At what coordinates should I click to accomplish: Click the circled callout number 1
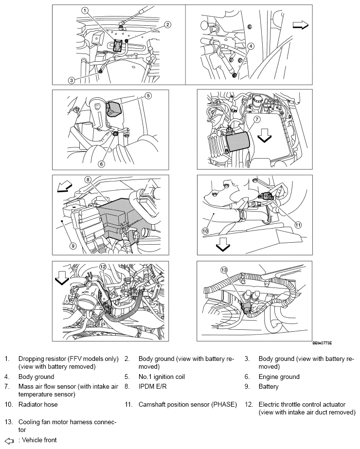click(85, 10)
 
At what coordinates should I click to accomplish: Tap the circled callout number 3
click(72, 80)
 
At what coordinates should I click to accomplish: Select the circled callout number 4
click(251, 47)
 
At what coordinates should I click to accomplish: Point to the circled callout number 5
click(148, 96)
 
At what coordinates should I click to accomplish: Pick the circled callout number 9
click(72, 246)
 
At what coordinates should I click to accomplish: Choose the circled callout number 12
click(103, 267)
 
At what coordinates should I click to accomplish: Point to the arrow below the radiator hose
click(223, 246)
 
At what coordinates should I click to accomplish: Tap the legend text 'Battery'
click(269, 387)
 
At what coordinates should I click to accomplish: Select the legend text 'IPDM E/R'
click(152, 387)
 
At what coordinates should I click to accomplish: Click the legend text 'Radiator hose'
click(37, 404)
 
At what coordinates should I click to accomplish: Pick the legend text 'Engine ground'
click(279, 377)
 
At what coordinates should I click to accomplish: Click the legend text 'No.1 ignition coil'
click(162, 377)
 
